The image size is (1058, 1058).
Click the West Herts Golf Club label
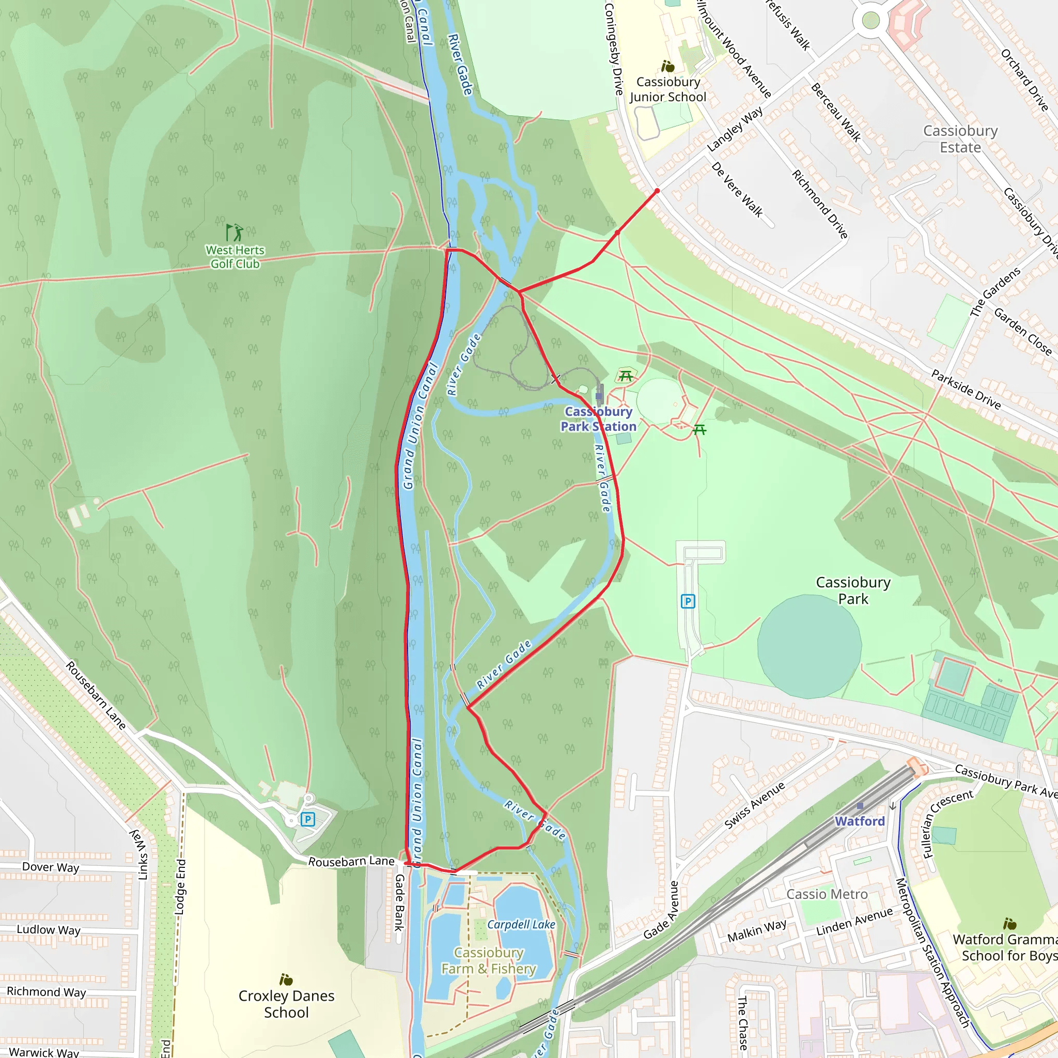235,257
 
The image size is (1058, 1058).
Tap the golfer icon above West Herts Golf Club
235,232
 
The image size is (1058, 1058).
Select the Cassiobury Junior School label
667,89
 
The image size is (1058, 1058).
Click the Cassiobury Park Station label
598,419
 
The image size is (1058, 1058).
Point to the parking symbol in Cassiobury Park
688,601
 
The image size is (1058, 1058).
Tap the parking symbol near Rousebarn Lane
308,819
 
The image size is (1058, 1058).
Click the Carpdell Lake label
521,925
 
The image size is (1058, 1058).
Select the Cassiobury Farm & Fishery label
489,961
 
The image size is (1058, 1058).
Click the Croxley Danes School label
286,1004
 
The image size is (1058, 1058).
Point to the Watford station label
859,821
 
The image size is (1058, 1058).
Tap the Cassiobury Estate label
960,139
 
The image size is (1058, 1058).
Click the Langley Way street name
735,129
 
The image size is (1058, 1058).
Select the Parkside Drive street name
966,390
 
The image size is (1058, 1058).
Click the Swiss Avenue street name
754,805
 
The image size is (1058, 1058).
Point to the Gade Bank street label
400,903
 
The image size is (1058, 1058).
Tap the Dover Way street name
51,867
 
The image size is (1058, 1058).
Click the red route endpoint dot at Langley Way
657,191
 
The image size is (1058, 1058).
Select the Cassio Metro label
827,894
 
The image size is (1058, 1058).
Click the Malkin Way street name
756,930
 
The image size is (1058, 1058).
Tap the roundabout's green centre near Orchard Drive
870,21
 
